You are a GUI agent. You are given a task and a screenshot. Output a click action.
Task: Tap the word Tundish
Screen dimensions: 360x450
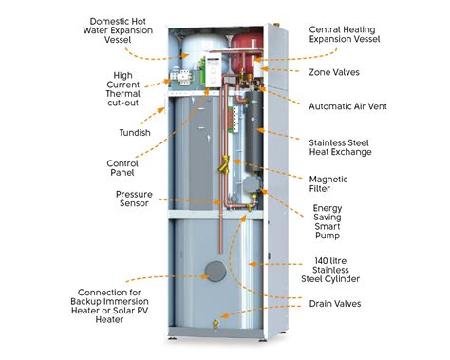tap(124, 133)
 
